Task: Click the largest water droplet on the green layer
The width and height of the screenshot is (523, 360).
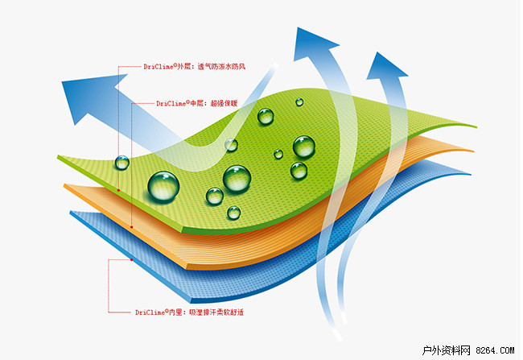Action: (x=164, y=185)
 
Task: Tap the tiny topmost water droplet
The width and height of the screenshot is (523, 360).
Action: (x=299, y=102)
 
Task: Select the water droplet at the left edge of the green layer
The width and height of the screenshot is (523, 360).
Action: (x=121, y=162)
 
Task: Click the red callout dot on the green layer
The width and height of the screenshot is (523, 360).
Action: (x=118, y=190)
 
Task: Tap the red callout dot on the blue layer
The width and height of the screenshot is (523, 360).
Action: (x=131, y=260)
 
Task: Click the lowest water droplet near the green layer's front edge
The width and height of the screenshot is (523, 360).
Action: (x=233, y=213)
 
